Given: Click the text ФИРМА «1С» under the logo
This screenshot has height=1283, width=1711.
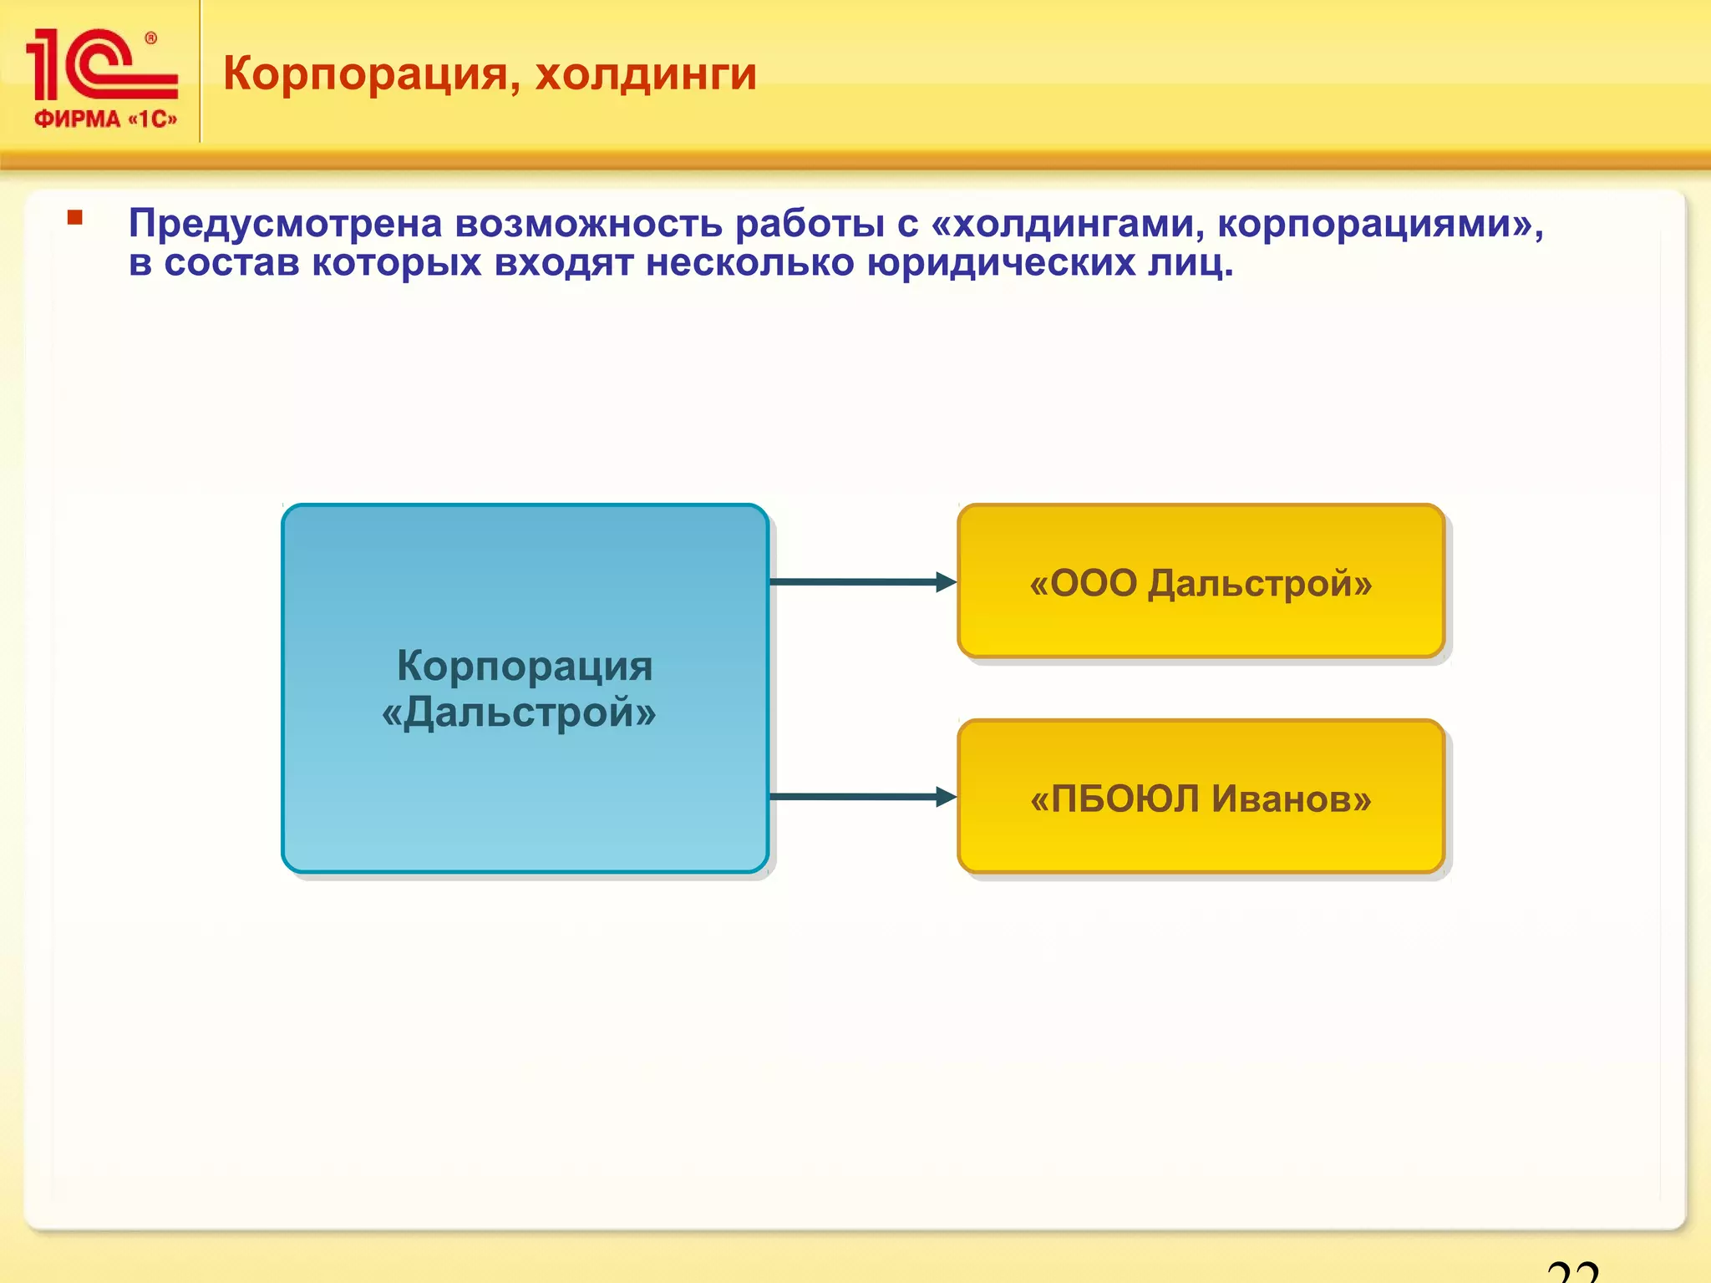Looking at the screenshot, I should [x=105, y=119].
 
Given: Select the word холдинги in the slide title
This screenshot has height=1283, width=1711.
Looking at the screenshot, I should [x=646, y=74].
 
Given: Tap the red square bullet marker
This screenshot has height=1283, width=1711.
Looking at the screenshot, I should [x=75, y=218].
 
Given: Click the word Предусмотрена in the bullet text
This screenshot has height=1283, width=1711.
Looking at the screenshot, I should [x=285, y=224].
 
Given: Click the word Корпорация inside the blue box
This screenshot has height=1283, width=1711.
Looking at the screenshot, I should [x=524, y=667].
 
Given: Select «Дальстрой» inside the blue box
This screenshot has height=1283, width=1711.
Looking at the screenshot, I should [x=519, y=712].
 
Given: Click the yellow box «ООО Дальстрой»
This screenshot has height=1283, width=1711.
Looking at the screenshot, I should [x=1201, y=582].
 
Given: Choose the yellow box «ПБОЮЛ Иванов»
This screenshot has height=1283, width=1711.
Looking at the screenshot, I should [x=1201, y=798].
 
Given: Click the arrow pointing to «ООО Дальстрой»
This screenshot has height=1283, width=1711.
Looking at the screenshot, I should [x=861, y=582].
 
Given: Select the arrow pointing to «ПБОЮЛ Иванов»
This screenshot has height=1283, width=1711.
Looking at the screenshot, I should [x=861, y=797].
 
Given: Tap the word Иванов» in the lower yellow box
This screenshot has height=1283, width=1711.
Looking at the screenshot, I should [x=1292, y=799].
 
